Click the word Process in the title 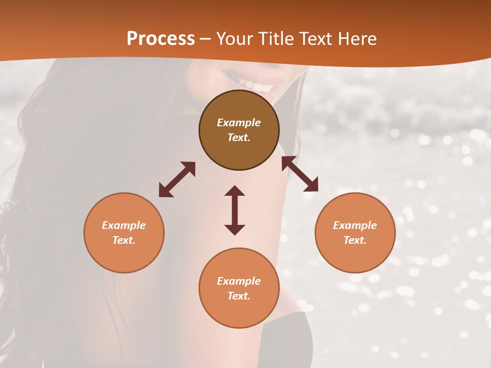tap(161, 39)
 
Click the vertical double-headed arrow tap(235, 210)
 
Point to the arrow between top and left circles tap(177, 179)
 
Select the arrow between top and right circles tap(300, 174)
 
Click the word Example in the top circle tap(239, 123)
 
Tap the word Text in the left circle tap(124, 240)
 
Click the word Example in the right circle tap(355, 225)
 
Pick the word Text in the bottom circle tap(239, 296)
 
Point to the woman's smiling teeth tap(256, 84)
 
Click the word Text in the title tap(315, 39)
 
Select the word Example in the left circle tap(124, 225)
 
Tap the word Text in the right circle tap(355, 240)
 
